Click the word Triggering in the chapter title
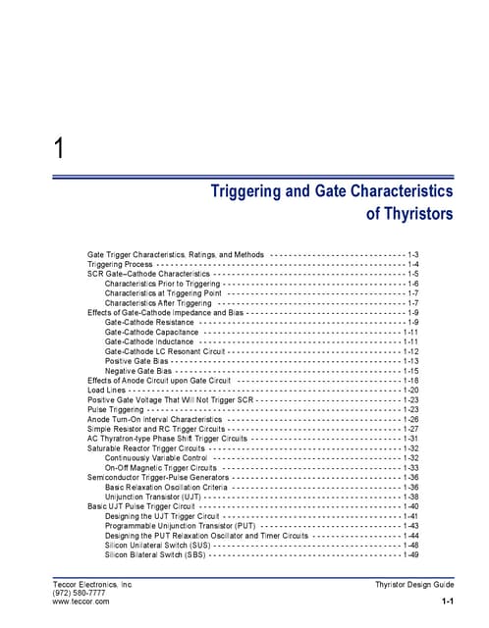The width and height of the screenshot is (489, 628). [250, 190]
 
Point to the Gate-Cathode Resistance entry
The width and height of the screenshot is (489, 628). [149, 322]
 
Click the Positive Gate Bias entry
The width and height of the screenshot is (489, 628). [140, 361]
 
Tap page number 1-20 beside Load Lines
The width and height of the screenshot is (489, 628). [412, 390]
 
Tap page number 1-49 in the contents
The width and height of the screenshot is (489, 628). [412, 554]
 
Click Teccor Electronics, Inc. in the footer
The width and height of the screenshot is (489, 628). [91, 584]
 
